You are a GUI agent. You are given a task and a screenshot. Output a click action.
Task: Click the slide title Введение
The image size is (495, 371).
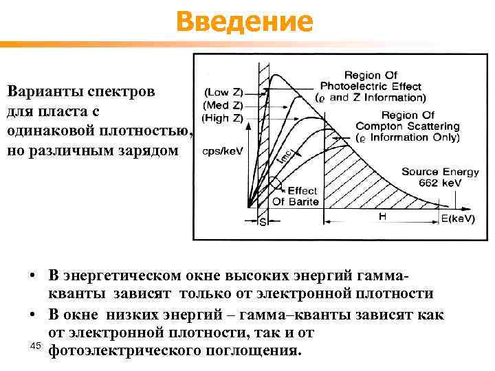pos(244,23)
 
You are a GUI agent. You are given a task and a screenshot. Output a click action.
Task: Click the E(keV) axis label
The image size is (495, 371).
pos(457,218)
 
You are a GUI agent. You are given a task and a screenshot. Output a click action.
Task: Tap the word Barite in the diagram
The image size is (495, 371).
pos(305,201)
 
